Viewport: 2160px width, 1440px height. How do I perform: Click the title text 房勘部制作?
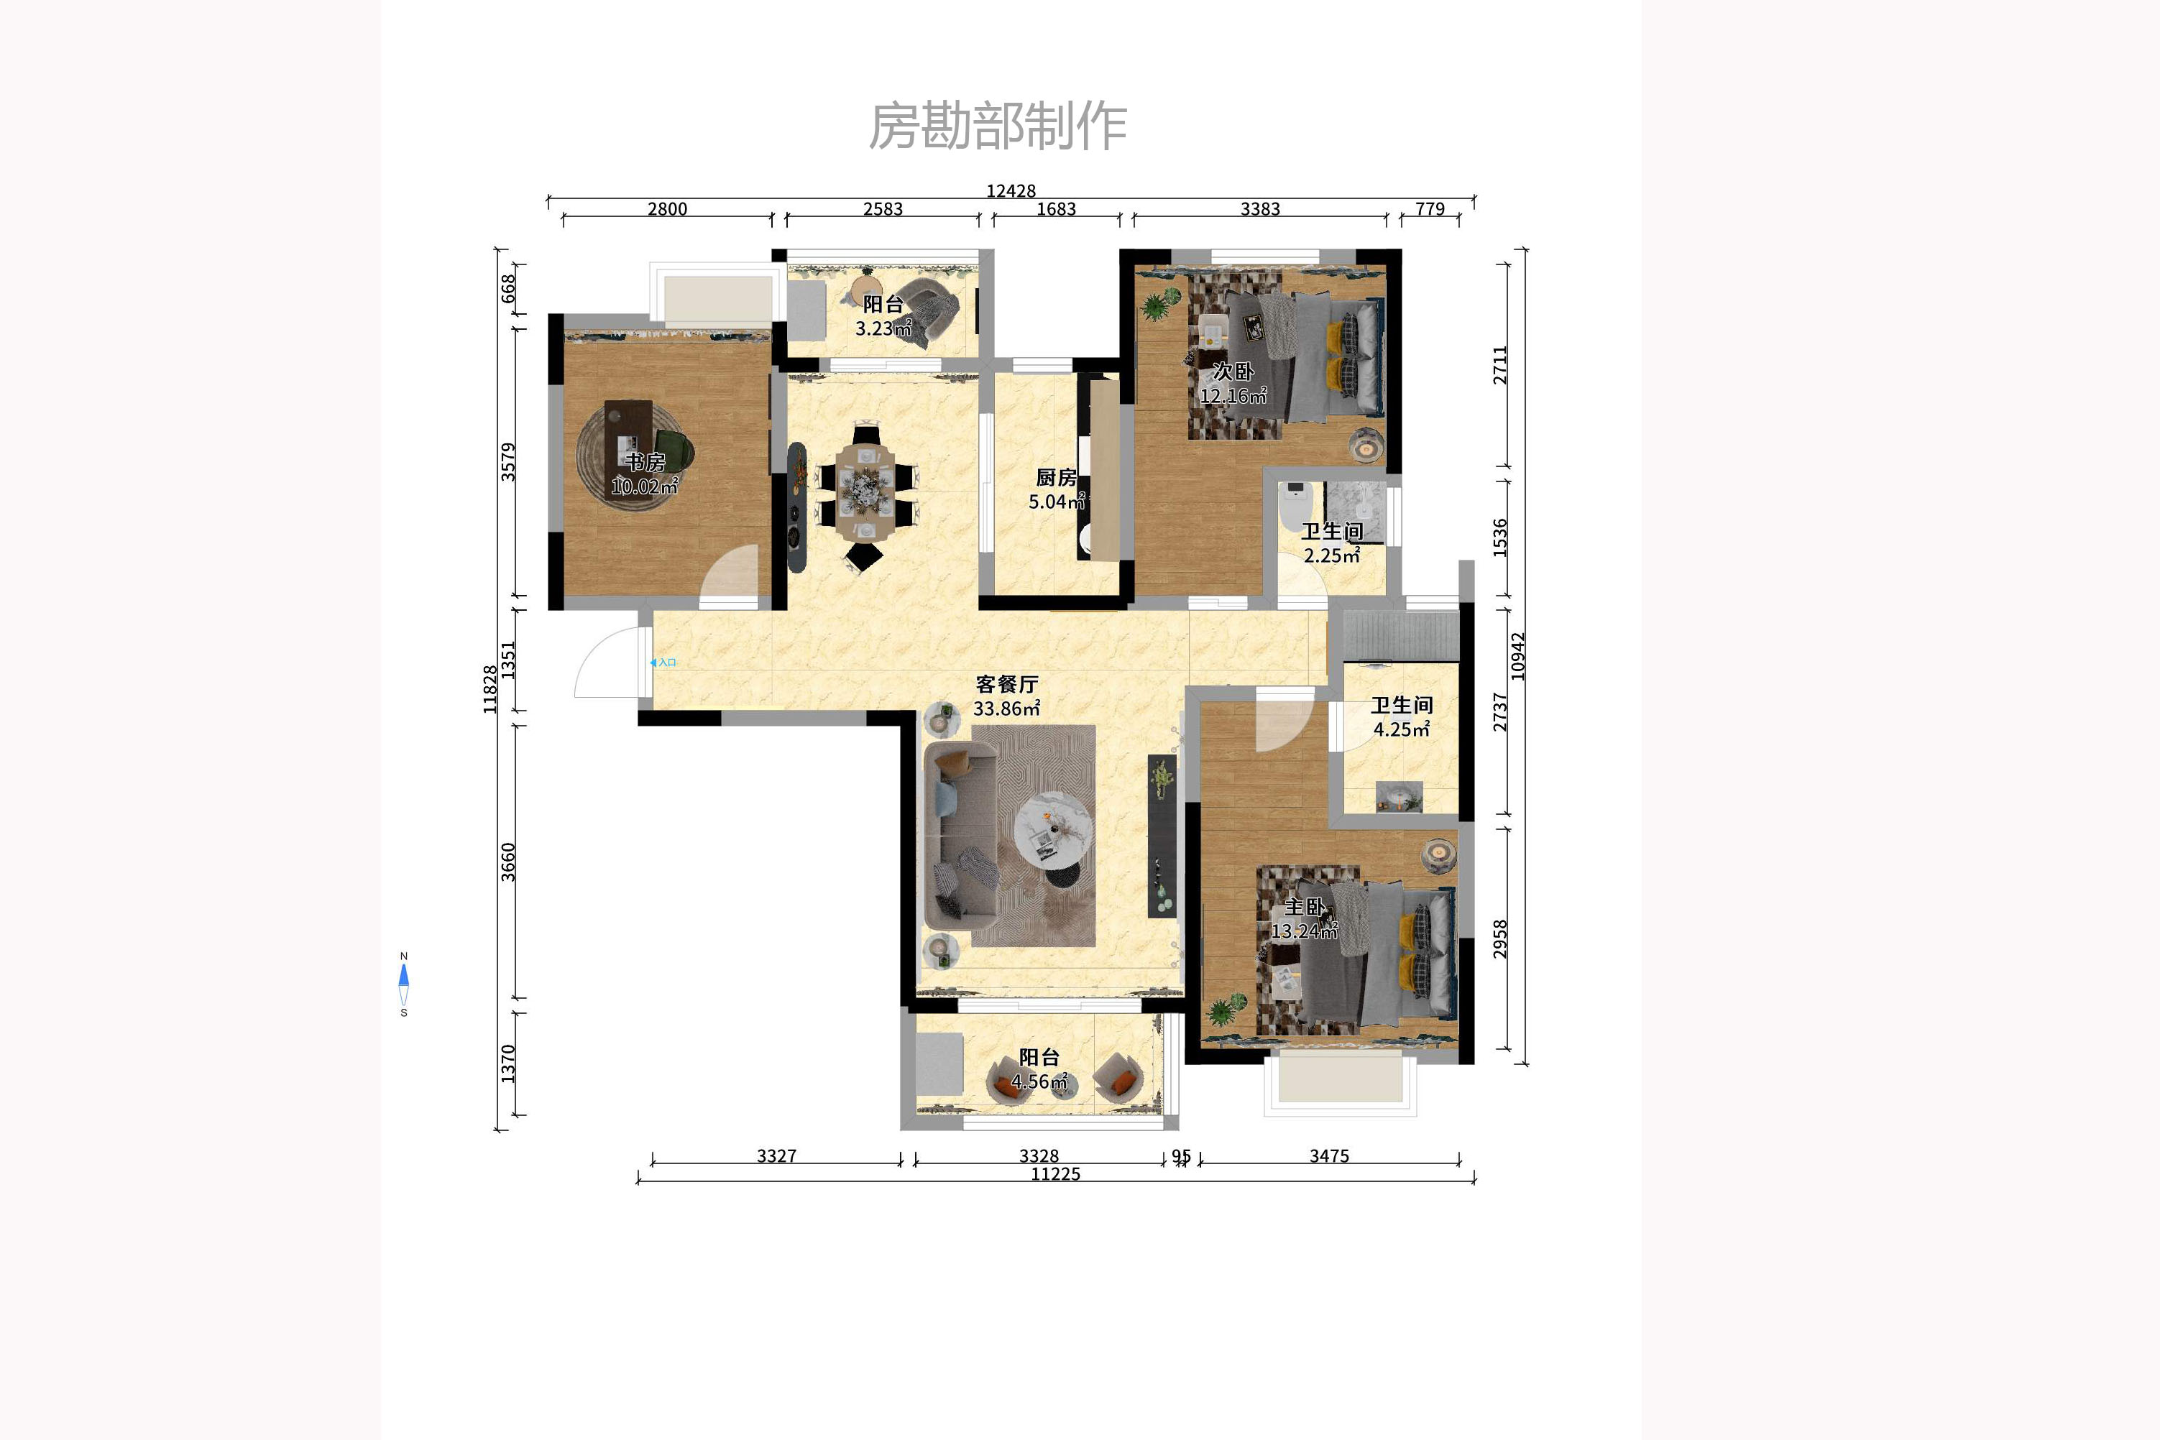pyautogui.click(x=998, y=126)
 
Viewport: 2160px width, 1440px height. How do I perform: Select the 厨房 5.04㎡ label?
pyautogui.click(x=1056, y=489)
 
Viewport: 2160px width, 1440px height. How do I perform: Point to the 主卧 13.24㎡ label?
pyautogui.click(x=1304, y=918)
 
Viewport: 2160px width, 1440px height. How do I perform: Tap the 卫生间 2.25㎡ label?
pyautogui.click(x=1331, y=543)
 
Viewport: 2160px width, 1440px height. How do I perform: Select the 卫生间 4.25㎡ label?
pyautogui.click(x=1401, y=716)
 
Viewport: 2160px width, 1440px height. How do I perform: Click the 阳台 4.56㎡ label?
pyautogui.click(x=1039, y=1069)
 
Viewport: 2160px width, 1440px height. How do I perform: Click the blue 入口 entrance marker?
pyautogui.click(x=663, y=662)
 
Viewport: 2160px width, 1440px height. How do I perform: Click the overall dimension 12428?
pyautogui.click(x=1011, y=191)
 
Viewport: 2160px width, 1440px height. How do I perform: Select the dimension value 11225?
pyautogui.click(x=1054, y=1173)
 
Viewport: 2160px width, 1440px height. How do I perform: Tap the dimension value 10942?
pyautogui.click(x=1518, y=656)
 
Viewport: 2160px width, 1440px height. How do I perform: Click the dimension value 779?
pyautogui.click(x=1430, y=208)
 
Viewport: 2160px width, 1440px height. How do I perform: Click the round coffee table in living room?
pyautogui.click(x=1053, y=831)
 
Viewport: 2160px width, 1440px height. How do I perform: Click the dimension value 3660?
pyautogui.click(x=508, y=862)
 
